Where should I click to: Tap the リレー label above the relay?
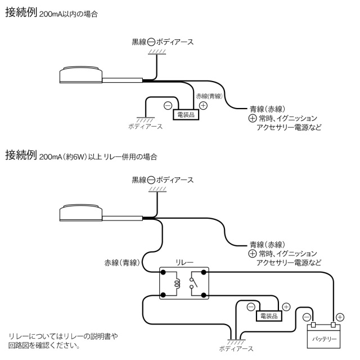click(184, 262)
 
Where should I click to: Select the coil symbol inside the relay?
click(177, 283)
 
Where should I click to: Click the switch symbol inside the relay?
click(193, 283)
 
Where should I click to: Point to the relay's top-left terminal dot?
click(163, 272)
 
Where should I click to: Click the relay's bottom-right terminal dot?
click(204, 295)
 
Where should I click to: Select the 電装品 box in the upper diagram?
click(186, 115)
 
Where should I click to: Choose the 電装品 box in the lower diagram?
click(269, 316)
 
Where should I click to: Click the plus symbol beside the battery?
click(340, 317)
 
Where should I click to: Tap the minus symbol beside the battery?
click(307, 317)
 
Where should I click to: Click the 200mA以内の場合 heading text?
click(69, 14)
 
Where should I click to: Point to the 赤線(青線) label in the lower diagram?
click(122, 263)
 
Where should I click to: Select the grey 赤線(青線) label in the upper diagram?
click(209, 96)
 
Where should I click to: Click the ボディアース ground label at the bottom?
click(236, 349)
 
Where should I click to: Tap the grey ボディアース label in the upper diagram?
click(145, 127)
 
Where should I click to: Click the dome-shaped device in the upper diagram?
click(81, 75)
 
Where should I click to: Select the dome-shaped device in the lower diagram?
click(81, 213)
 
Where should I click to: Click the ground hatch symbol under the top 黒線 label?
click(157, 52)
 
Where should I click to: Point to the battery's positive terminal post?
click(334, 325)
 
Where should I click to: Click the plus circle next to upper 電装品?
click(203, 106)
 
